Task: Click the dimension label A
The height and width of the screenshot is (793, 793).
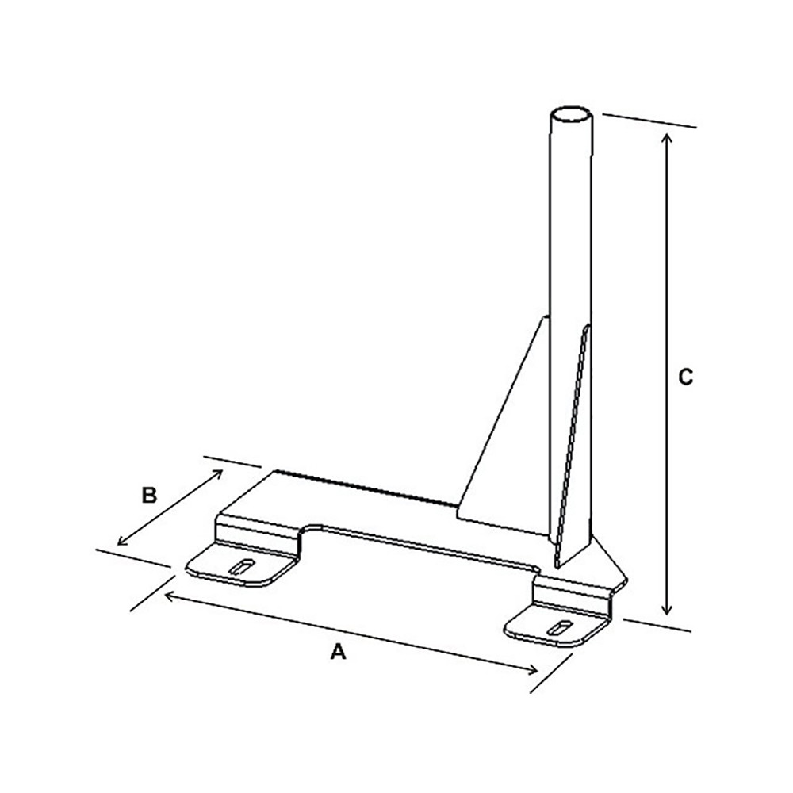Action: [x=339, y=652]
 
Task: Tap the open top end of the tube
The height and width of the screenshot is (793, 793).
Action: [x=571, y=116]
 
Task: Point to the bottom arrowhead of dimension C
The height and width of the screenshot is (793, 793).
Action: [x=668, y=611]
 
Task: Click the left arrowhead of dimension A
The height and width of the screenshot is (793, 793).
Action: [x=166, y=593]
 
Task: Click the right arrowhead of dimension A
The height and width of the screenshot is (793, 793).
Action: [x=536, y=670]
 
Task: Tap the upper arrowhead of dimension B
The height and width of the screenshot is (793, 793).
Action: [x=218, y=472]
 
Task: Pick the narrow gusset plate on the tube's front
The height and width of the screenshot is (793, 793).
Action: [x=575, y=444]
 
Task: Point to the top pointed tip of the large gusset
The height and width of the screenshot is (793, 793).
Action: [x=545, y=319]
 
